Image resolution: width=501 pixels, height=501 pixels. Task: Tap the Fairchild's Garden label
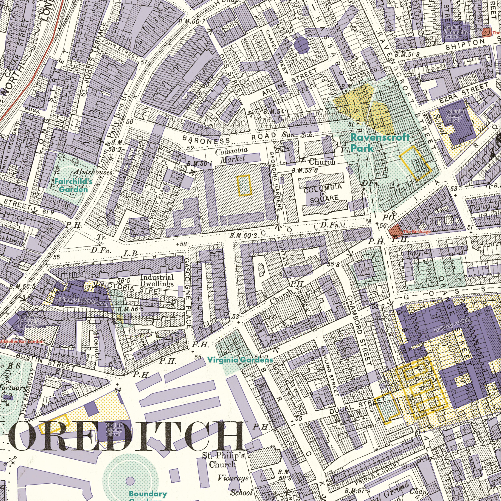pos(73,185)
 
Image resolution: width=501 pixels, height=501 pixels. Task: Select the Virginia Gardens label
pos(240,360)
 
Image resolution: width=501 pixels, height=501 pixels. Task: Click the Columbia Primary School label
pos(456,116)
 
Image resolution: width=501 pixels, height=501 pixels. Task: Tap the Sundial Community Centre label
pos(455,32)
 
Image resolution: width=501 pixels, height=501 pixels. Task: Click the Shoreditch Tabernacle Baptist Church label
pos(32,322)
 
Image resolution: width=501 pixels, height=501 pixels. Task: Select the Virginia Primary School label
pos(114,430)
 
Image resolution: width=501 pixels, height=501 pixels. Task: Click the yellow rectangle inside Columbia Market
pos(244,185)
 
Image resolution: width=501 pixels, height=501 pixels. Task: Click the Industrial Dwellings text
pos(157,280)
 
